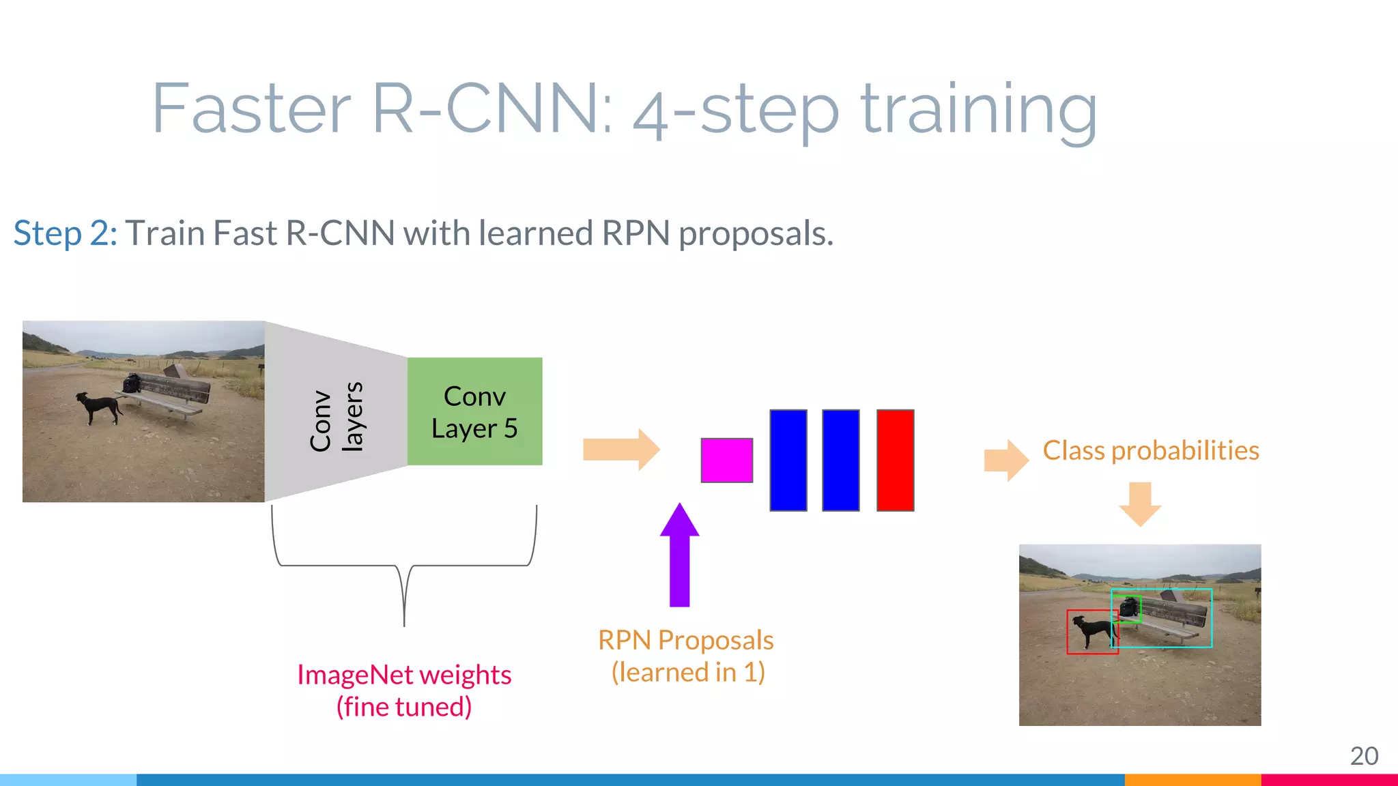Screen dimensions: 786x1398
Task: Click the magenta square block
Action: tap(726, 461)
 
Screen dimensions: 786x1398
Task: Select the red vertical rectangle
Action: tap(895, 461)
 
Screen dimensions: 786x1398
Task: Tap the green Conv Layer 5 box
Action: tap(474, 411)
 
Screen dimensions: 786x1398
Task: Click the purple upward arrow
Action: tap(679, 556)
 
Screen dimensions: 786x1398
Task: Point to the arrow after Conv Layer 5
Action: tap(620, 450)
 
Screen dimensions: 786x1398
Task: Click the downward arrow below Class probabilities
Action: tap(1140, 504)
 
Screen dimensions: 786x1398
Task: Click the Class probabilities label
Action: tap(1151, 451)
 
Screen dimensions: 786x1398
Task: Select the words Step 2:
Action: tap(66, 233)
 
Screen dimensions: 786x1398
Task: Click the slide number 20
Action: tap(1364, 756)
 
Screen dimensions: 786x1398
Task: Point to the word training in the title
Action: tap(978, 109)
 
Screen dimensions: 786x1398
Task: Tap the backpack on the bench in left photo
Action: tap(132, 383)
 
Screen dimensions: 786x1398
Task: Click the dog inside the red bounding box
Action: tap(1092, 630)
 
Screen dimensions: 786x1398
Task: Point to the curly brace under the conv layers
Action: tap(404, 566)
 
